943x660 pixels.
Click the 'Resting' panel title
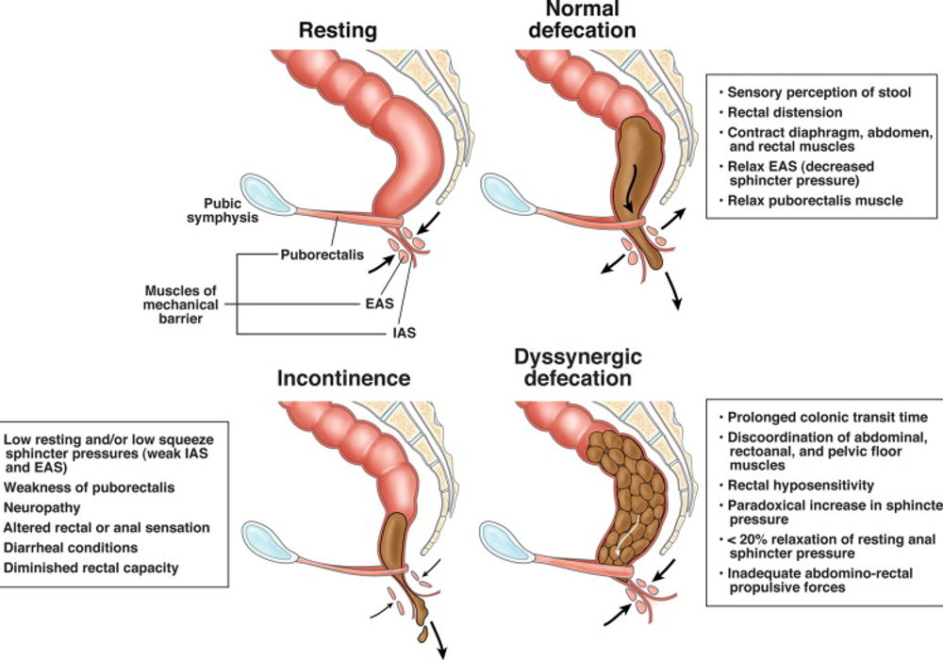point(338,31)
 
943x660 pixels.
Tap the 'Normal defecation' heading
point(582,19)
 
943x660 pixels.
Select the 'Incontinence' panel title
point(343,378)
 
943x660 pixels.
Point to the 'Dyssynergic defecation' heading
point(578,368)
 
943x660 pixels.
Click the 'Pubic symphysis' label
point(223,210)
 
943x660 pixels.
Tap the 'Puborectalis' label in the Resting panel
point(323,255)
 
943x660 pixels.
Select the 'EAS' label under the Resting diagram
point(379,304)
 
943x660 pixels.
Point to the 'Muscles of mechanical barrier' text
point(180,305)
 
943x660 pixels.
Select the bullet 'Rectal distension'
point(785,112)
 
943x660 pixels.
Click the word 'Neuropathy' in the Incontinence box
point(42,508)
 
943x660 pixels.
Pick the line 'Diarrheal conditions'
point(71,548)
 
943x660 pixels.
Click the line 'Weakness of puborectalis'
point(89,487)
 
